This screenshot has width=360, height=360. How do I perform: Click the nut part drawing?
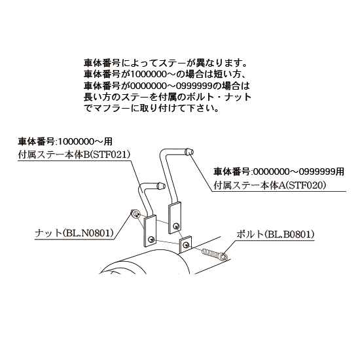(135, 214)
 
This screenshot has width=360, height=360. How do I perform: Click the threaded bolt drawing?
(215, 255)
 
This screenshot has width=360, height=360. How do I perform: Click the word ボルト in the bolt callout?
(250, 234)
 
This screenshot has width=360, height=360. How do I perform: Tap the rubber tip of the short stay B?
(161, 185)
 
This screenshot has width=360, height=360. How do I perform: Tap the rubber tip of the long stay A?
(189, 152)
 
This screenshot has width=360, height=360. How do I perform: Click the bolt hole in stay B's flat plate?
(151, 240)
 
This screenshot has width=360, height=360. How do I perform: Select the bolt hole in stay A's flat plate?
(176, 226)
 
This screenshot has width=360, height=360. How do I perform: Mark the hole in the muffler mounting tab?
(186, 245)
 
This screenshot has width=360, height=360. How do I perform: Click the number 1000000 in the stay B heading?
(75, 141)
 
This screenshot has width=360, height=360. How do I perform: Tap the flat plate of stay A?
(175, 218)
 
